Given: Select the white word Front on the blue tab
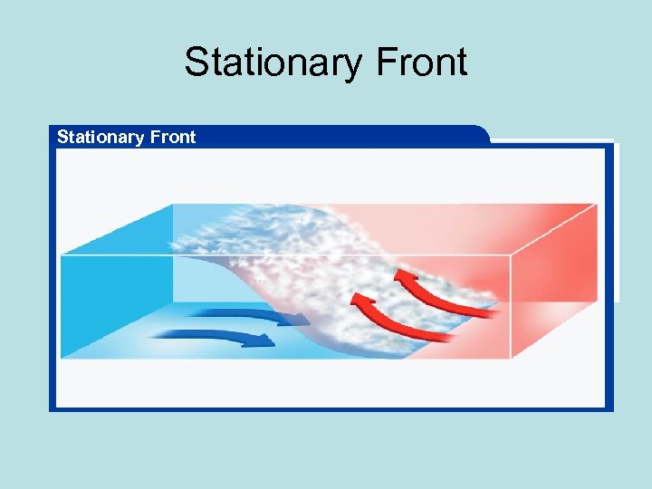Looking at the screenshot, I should click(x=173, y=137).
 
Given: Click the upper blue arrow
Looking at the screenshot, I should click(x=244, y=314).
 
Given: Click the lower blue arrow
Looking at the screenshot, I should click(x=213, y=337).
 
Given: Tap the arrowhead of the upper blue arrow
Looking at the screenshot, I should click(x=299, y=319).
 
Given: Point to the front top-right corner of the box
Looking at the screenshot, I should click(x=512, y=256).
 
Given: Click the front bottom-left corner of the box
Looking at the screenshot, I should click(x=61, y=359).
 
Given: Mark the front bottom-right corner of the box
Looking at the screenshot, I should click(x=512, y=359).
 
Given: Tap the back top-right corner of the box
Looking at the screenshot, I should click(x=597, y=204).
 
